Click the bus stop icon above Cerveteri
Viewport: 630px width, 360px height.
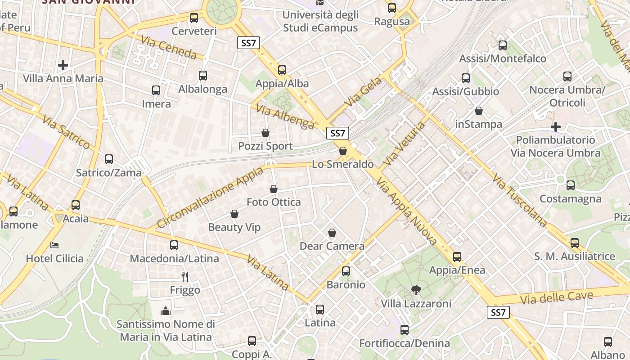point(194,18)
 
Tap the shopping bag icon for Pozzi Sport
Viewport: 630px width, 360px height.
point(265,133)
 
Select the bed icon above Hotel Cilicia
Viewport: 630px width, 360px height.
point(54,245)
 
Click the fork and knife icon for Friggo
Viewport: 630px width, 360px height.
point(184,276)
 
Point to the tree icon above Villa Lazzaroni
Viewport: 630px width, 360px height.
point(416,290)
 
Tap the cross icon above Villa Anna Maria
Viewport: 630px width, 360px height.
point(63,65)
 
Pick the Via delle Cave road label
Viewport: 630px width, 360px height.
point(556,297)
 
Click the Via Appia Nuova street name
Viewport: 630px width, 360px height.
point(406,211)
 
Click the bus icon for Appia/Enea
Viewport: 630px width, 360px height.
point(457,257)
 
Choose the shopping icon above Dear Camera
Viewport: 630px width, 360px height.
point(332,233)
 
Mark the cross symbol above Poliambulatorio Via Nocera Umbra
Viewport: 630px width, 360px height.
point(556,127)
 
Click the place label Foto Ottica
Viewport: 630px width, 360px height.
point(274,202)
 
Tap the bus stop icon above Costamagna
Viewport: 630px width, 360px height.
point(571,185)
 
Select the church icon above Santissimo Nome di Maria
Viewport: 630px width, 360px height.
point(166,311)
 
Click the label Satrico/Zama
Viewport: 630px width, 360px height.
point(108,172)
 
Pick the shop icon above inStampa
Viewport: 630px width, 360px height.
point(479,111)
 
